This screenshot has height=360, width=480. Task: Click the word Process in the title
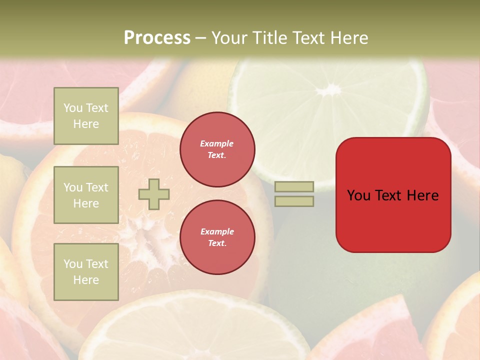tap(157, 38)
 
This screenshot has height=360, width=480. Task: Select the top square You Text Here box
tap(86, 116)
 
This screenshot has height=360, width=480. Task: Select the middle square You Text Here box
tap(86, 195)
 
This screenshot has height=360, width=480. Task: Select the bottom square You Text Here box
tap(86, 272)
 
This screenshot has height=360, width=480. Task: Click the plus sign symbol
tap(154, 194)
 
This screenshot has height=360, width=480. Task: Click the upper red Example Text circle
tap(217, 149)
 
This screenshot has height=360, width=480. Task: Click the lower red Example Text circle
tap(217, 237)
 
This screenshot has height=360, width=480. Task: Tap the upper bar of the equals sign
tap(294, 187)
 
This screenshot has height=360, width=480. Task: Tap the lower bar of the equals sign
tap(294, 201)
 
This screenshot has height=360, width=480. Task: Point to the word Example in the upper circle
tap(217, 143)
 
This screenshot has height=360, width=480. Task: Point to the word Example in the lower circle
tap(217, 231)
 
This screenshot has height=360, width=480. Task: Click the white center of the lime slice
tap(329, 90)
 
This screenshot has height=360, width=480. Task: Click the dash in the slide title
tap(200, 38)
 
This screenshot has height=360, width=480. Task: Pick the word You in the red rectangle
tap(358, 195)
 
